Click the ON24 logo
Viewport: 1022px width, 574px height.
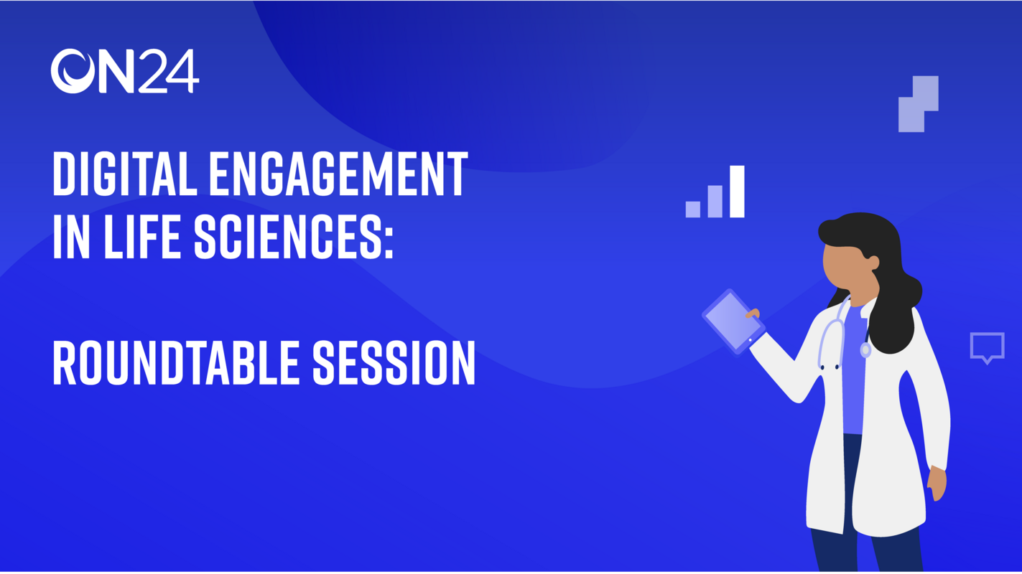tap(124, 71)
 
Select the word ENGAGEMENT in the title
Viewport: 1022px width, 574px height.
tap(338, 174)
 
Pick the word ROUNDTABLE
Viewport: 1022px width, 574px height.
tap(176, 363)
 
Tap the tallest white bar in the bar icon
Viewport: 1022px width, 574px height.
tap(737, 192)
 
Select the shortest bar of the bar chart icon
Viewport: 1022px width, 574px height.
tap(692, 209)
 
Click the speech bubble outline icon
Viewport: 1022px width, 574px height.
tap(987, 347)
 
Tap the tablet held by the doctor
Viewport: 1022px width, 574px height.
tap(733, 321)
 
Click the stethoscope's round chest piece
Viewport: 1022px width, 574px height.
tap(865, 350)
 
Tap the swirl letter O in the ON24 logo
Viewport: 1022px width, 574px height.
tap(73, 71)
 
